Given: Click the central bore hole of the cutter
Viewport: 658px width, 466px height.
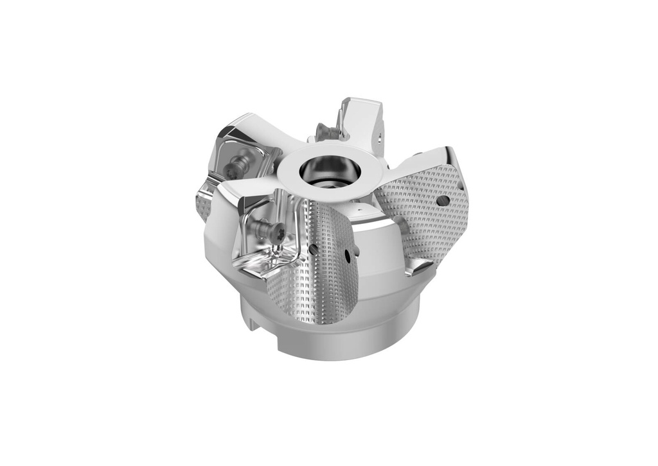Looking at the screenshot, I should pos(329,172).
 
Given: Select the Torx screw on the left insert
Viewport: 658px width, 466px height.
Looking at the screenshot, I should pos(235,167).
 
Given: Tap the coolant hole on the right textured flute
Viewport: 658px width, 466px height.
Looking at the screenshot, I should pos(443,201).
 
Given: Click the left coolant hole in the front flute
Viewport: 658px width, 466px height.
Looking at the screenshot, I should pos(313,248).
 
